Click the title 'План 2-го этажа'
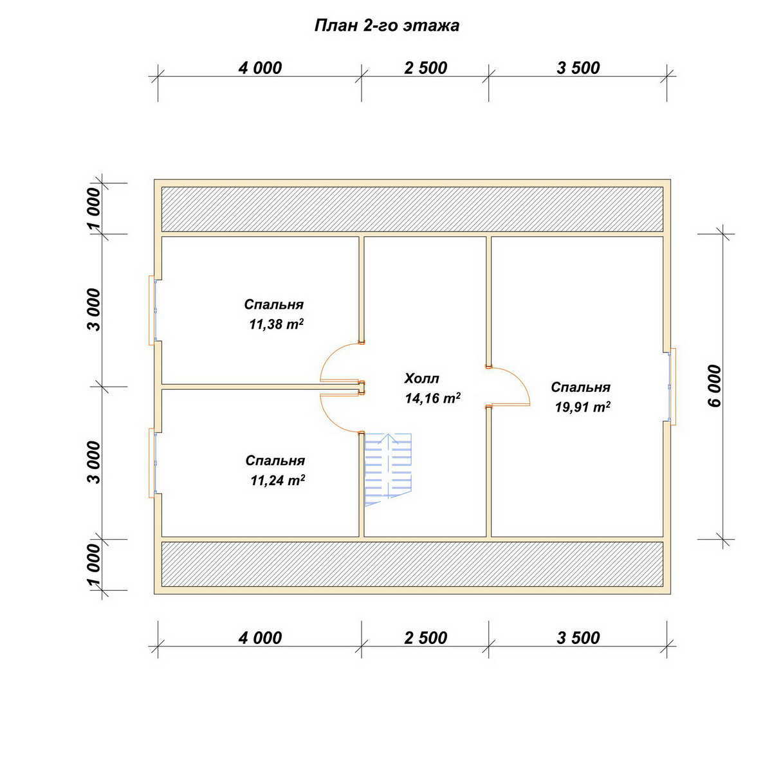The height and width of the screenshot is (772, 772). point(387,26)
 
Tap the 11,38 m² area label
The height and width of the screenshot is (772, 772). point(277,324)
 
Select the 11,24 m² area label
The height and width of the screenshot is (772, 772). point(278,480)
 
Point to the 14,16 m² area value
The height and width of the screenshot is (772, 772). point(432,398)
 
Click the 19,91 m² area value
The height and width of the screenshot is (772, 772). point(582,407)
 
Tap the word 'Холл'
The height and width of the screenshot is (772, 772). point(421,378)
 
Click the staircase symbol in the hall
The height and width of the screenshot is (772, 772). point(388,470)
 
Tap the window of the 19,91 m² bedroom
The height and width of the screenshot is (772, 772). point(672,386)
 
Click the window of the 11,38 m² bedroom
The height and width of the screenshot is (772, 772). point(152,310)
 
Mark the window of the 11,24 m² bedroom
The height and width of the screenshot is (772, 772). point(152,463)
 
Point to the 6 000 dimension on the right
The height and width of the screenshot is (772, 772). point(714,386)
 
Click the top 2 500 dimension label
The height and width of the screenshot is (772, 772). point(425,68)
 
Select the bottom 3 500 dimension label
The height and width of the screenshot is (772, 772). point(578,638)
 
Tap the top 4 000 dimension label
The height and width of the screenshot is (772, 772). point(260,68)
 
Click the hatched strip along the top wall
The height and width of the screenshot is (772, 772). point(412,208)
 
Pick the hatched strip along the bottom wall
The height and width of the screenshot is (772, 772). point(412,564)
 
